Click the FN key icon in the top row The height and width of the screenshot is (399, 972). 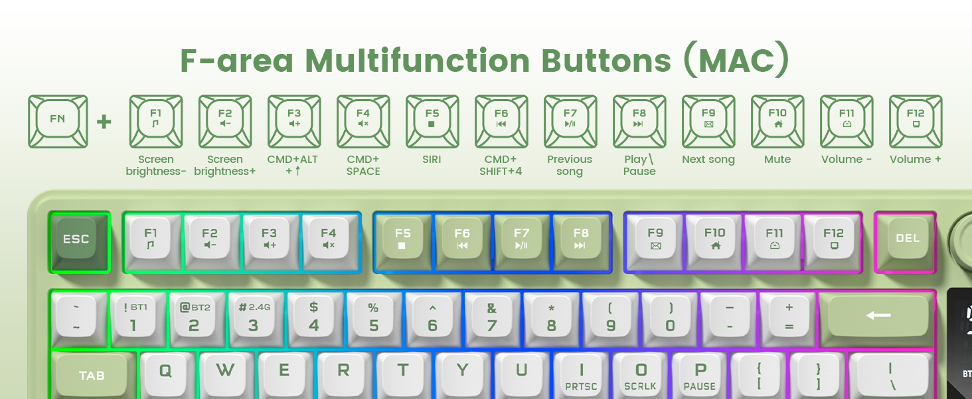[58, 121]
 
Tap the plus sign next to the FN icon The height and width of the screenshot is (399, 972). [104, 122]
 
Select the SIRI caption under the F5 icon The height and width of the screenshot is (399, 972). [432, 160]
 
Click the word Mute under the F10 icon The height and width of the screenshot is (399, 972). [777, 160]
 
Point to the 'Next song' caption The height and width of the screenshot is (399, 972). [708, 160]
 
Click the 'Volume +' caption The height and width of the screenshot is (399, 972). [915, 160]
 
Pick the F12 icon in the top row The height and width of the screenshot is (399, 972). [916, 121]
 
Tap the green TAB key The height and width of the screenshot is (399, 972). [92, 376]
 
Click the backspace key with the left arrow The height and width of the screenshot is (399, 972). [878, 316]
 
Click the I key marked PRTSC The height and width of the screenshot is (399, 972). [582, 376]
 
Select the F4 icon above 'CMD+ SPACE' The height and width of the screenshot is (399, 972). [363, 121]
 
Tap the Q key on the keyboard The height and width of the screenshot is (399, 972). [166, 372]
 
